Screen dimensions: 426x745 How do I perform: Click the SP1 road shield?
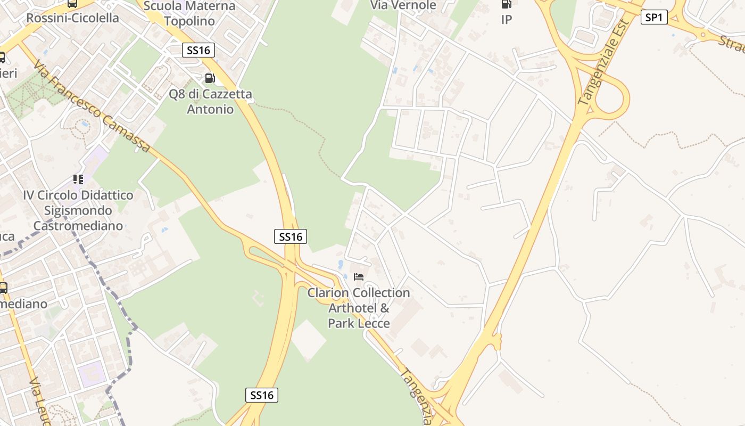coord(654,18)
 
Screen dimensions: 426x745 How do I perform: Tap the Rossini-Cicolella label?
coord(72,18)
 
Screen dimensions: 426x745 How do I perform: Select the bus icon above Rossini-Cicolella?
coord(72,3)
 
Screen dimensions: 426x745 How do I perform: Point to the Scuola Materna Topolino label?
coord(189,13)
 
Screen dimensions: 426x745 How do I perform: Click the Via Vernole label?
coord(403,5)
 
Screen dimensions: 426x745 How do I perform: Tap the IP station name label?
coord(506,20)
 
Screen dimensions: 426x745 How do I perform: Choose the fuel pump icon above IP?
coord(506,4)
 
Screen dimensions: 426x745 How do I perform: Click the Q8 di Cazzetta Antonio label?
coord(210,102)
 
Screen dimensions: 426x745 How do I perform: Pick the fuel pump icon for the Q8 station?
coord(210,78)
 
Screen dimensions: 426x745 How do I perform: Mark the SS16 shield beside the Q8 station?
coord(198,50)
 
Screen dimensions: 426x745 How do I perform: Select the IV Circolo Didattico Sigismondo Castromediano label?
coord(78,210)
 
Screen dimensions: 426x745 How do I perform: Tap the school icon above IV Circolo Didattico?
coord(78,179)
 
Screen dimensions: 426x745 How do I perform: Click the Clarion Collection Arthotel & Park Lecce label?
coord(359,308)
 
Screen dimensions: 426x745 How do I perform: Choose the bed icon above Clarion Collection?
coord(359,277)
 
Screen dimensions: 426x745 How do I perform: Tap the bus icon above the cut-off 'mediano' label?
coord(3,288)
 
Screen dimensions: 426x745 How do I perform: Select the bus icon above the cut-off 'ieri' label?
coord(2,58)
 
